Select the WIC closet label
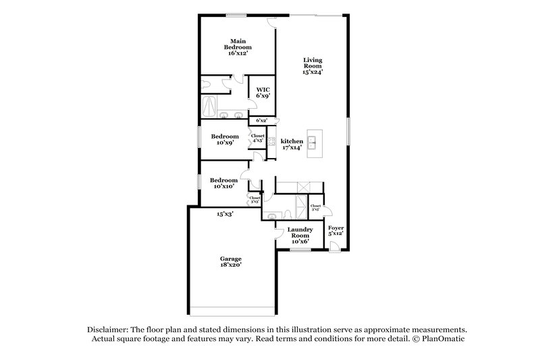[262, 93]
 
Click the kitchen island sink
[314, 142]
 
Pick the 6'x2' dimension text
[262, 120]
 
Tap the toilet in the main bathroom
[205, 84]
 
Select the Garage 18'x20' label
[230, 262]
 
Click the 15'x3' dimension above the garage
[225, 214]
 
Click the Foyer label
[335, 231]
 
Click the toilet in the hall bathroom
[288, 214]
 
